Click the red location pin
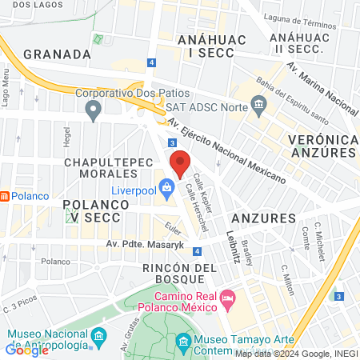[x=180, y=163]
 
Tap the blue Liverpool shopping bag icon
[x=166, y=190]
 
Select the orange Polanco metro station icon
[x=4, y=196]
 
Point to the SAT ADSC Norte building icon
[x=258, y=104]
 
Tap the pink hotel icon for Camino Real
[x=226, y=298]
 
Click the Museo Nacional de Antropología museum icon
[x=98, y=334]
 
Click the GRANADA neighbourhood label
[x=57, y=54]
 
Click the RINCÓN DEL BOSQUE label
[x=181, y=274]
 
